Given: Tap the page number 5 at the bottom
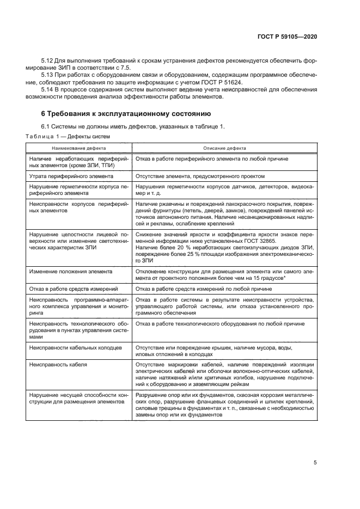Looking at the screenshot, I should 315,463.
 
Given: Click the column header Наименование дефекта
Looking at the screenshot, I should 79,148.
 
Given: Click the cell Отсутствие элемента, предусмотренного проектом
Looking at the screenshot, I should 200,176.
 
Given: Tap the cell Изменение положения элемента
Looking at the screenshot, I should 71,271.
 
